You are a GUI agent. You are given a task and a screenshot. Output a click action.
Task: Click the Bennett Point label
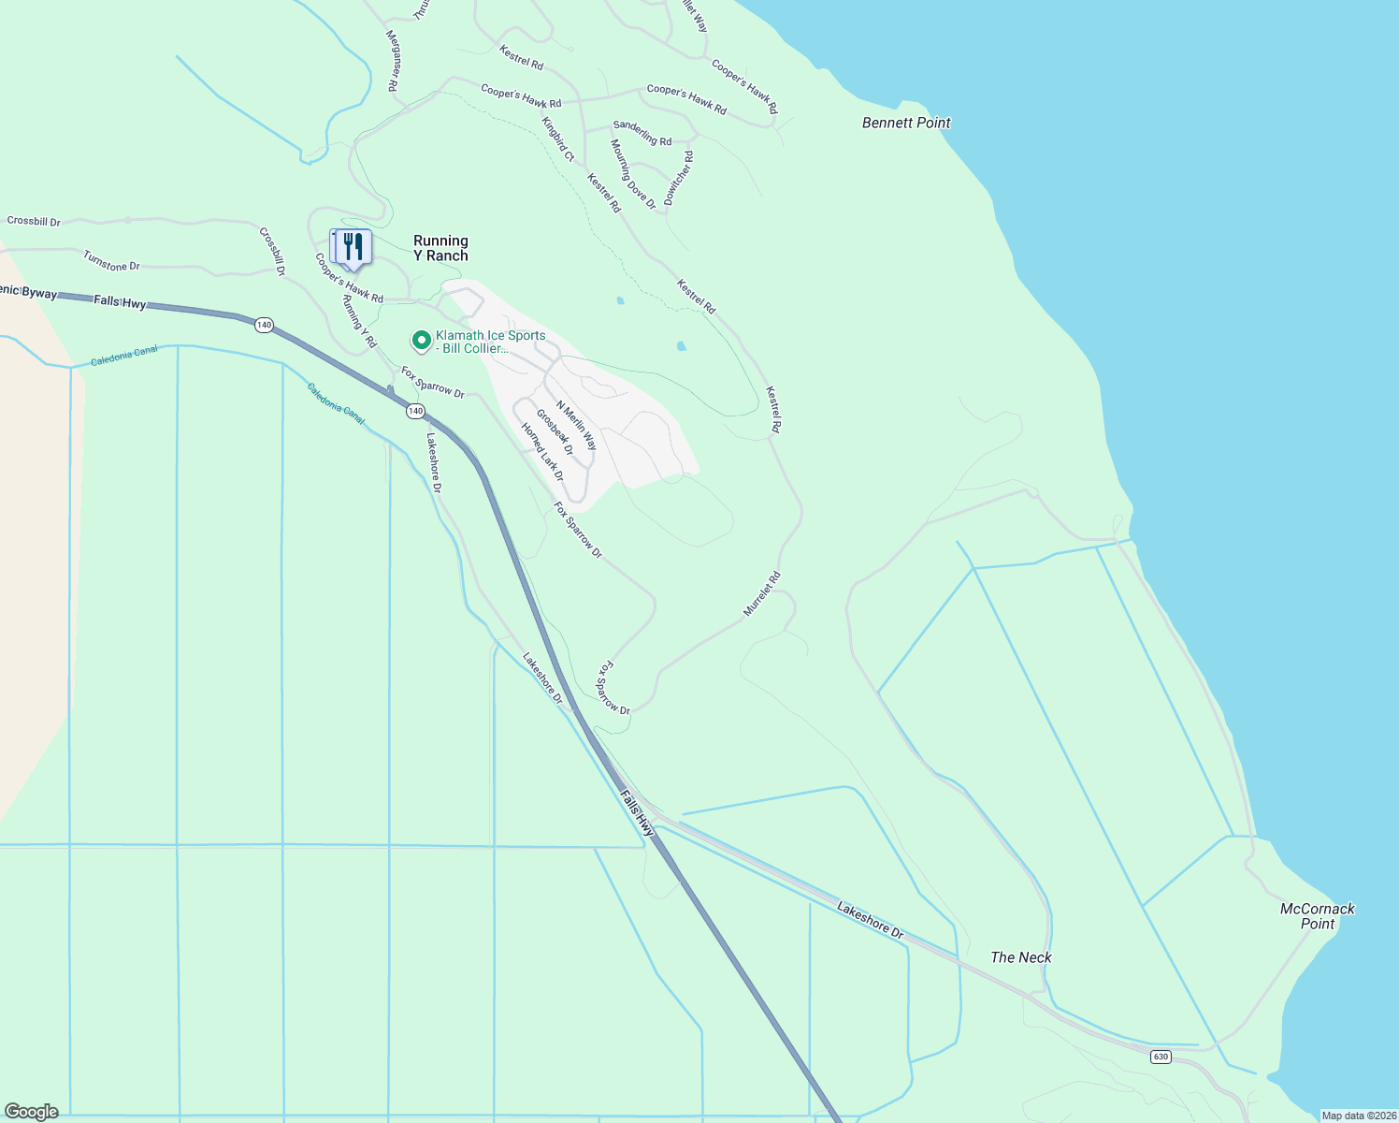click(906, 123)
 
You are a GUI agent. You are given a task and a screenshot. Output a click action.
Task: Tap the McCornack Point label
click(1317, 916)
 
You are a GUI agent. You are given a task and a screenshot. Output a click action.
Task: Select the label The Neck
click(1021, 957)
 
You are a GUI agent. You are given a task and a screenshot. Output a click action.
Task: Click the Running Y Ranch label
click(440, 248)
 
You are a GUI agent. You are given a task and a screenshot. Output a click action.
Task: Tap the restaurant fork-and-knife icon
click(353, 247)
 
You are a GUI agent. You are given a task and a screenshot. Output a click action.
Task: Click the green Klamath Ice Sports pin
click(422, 340)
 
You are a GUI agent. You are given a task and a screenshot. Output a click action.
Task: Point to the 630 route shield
click(1161, 1057)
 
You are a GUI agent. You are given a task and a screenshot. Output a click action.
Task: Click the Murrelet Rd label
click(761, 594)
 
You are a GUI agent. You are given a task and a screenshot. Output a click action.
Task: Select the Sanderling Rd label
click(642, 133)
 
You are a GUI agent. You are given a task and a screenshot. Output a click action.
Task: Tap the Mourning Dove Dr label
click(633, 174)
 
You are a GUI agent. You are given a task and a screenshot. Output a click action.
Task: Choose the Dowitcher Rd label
click(679, 178)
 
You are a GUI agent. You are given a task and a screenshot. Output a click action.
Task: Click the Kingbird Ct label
click(557, 139)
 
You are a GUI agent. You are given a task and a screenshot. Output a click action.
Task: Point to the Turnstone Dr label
click(111, 261)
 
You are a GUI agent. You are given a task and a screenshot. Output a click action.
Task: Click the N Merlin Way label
click(576, 426)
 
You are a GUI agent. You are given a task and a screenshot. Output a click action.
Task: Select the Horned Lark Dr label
click(542, 452)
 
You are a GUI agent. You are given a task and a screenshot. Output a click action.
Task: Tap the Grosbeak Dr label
click(555, 431)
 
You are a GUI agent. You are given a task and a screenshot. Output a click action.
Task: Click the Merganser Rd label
click(393, 60)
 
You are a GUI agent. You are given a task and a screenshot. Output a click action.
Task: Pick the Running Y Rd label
click(358, 321)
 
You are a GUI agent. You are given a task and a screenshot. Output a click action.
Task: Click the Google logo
click(31, 1112)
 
